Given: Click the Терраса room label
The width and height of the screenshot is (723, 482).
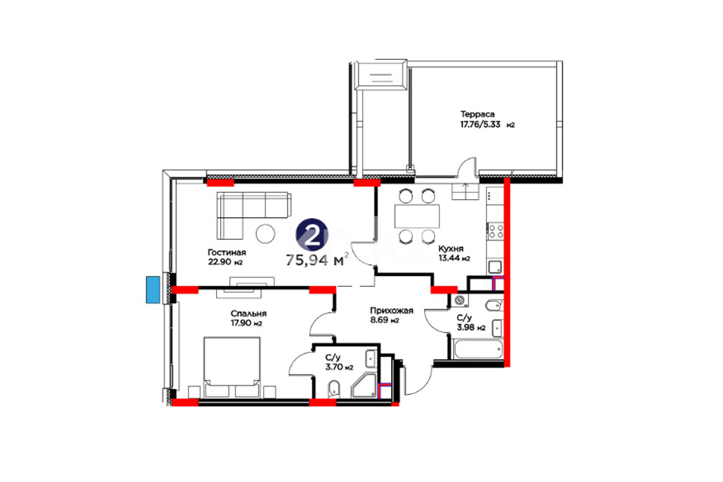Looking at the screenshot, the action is point(477,114).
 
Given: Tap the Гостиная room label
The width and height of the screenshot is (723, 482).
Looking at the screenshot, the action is point(227,252).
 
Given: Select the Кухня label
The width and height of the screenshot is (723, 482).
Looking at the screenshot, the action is point(451,248).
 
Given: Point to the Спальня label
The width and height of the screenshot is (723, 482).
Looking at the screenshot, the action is point(248,313).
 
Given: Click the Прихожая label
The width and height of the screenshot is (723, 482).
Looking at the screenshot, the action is point(392,311).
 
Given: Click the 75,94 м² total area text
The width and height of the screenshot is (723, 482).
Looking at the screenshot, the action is point(317,260).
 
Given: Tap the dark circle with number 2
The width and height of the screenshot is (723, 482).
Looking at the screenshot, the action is point(312,235).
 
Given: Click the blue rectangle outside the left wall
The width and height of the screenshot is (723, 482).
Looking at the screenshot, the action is point(153,290).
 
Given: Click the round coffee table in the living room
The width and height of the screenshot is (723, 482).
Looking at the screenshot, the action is point(265,233).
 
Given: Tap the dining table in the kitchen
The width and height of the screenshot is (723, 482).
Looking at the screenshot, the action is point(417,216).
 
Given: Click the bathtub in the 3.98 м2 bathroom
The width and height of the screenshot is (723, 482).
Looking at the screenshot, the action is point(477,349).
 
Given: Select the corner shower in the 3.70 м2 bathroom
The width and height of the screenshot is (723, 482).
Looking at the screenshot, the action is point(365,385).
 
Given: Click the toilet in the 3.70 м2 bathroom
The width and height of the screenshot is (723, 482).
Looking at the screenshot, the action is point(333,390).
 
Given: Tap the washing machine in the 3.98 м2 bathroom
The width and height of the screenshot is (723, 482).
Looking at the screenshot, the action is point(459,300).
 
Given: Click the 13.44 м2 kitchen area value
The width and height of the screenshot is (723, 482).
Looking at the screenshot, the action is point(454,258).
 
